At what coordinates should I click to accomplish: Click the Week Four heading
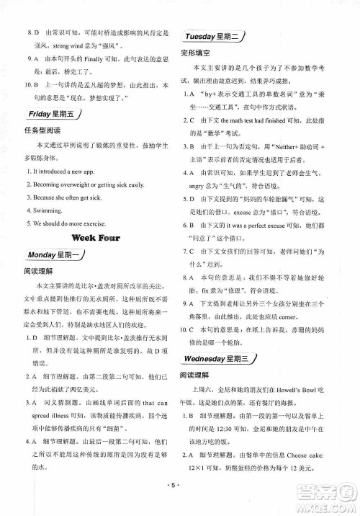click(x=95, y=237)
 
